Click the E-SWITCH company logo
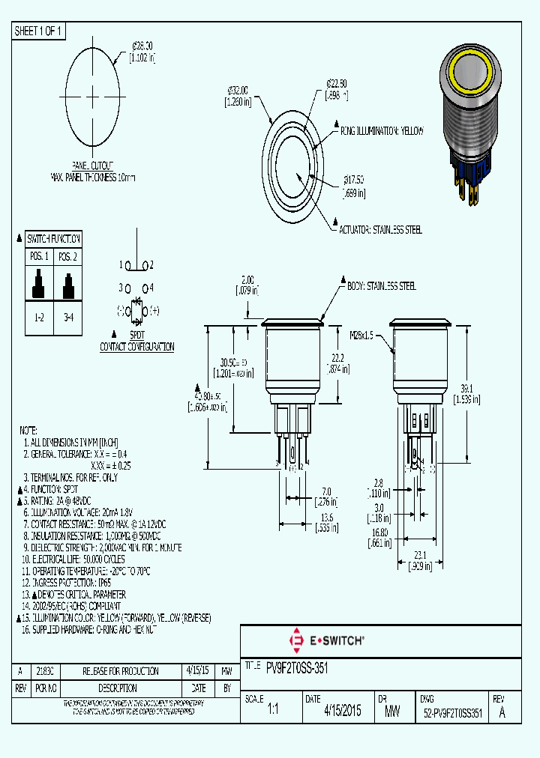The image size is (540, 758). (x=327, y=640)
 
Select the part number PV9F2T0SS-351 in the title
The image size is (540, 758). (x=297, y=666)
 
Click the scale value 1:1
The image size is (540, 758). (x=272, y=712)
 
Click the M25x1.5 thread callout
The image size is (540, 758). (x=368, y=335)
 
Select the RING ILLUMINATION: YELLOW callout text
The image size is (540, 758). (x=382, y=131)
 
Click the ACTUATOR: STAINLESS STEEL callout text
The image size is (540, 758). (x=380, y=229)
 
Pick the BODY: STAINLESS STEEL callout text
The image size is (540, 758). (x=381, y=286)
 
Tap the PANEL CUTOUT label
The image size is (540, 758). (x=93, y=165)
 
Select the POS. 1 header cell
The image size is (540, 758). (x=39, y=256)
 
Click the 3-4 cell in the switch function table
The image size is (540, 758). (x=67, y=318)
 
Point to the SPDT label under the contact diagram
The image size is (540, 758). (x=137, y=336)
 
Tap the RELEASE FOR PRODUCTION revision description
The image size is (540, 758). (x=110, y=671)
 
